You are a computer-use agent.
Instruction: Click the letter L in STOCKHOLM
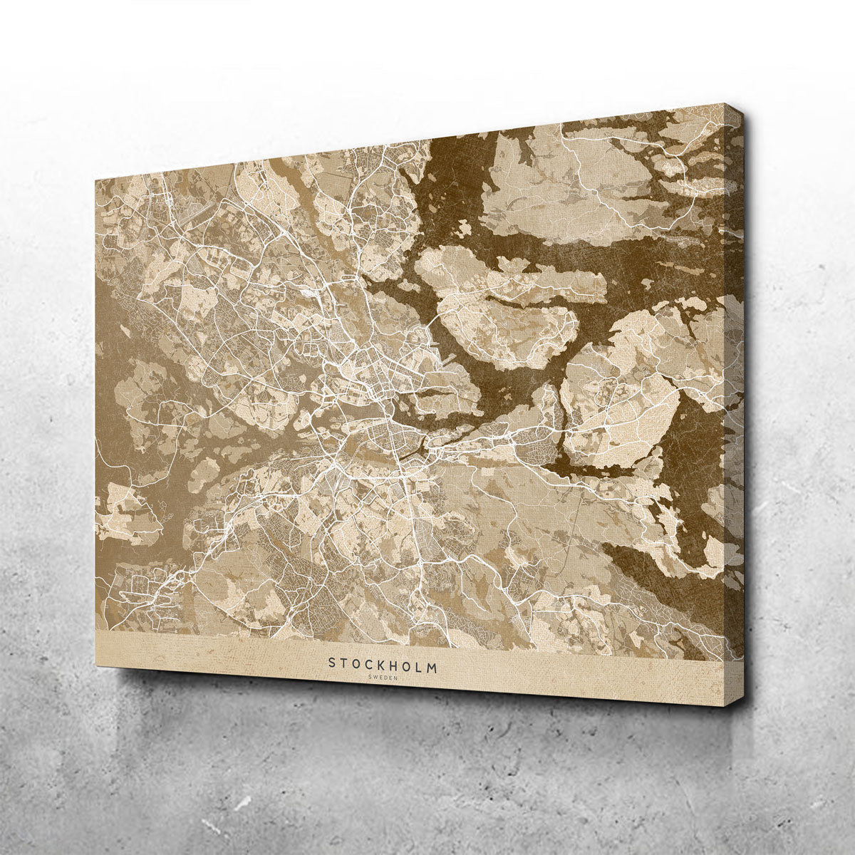tap(423, 664)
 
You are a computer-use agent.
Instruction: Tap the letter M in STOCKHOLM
tap(435, 664)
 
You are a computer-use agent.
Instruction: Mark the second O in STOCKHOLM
tap(410, 664)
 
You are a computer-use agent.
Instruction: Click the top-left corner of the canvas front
tap(95, 176)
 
